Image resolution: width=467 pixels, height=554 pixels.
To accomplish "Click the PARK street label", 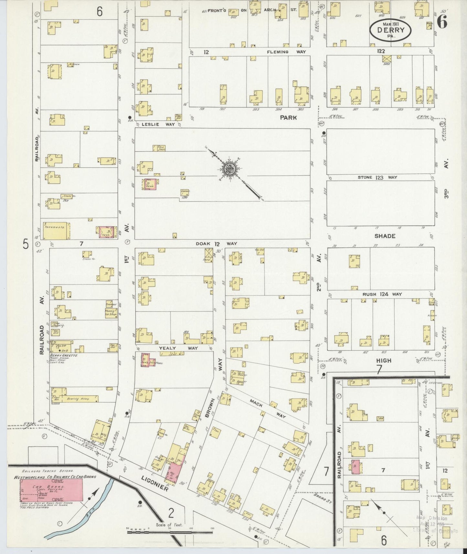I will click(288, 118).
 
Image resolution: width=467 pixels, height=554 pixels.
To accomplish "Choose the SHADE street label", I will click(385, 236).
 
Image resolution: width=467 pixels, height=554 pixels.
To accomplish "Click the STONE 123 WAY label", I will click(377, 177).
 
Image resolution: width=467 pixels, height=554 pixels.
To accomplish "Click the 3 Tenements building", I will click(57, 230).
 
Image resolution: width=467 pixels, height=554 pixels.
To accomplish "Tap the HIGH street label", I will click(384, 360).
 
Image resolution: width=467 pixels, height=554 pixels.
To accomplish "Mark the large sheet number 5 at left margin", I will click(25, 244).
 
